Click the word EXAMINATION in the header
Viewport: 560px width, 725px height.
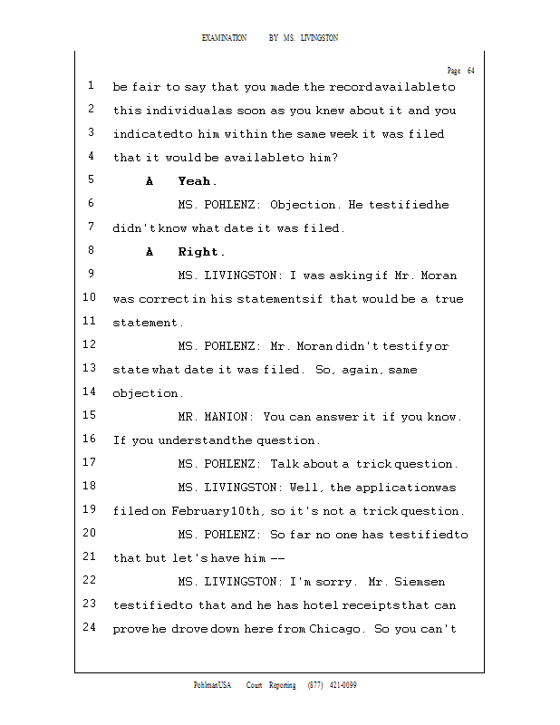(225, 38)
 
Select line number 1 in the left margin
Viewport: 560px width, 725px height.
(92, 86)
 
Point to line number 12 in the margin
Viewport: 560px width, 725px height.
(89, 345)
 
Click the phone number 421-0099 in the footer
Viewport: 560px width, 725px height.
(342, 685)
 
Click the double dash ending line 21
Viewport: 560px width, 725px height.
(278, 558)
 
